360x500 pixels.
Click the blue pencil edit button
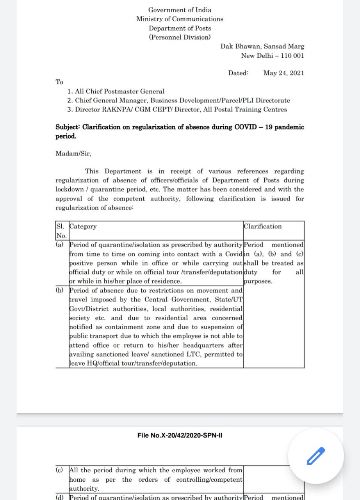[x=316, y=455]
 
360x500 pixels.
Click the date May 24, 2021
[x=283, y=73]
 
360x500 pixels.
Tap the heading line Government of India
[x=180, y=10]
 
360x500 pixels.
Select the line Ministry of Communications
[x=180, y=19]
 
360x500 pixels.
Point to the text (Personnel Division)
[x=180, y=37]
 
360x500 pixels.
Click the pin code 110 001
[x=292, y=55]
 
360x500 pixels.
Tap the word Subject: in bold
[x=68, y=127]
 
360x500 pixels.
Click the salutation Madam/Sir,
[x=73, y=154]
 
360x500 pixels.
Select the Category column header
[x=83, y=227]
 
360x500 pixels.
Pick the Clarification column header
[x=262, y=227]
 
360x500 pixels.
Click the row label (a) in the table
[x=60, y=245]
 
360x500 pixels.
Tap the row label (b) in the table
[x=60, y=291]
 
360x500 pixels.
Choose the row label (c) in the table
[x=60, y=470]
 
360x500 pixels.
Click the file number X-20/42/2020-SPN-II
[x=180, y=435]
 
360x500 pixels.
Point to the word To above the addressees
[x=59, y=82]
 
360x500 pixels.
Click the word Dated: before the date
[x=238, y=73]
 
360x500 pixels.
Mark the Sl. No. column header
[x=61, y=231]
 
